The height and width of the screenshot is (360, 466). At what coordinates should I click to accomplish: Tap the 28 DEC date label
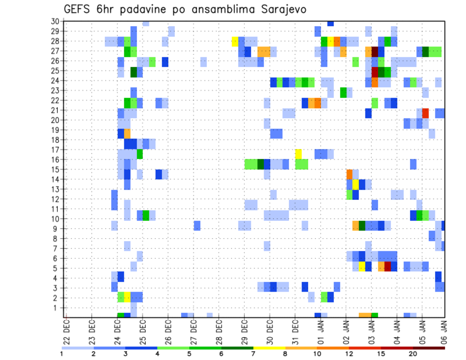pyautogui.click(x=219, y=332)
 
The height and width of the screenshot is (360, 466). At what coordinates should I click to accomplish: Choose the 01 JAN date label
pyautogui.click(x=320, y=332)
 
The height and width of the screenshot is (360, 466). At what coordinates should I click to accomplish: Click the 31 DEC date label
pyautogui.click(x=295, y=332)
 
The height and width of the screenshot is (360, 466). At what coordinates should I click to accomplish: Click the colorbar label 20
pyautogui.click(x=413, y=354)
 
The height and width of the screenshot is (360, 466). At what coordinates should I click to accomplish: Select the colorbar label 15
pyautogui.click(x=381, y=354)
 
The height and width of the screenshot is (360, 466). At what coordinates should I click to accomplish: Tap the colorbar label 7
pyautogui.click(x=253, y=354)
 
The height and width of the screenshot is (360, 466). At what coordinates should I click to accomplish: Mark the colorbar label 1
pyautogui.click(x=62, y=354)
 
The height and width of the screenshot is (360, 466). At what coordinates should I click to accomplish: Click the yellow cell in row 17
pyautogui.click(x=298, y=154)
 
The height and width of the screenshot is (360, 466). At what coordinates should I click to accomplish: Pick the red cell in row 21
pyautogui.click(x=425, y=113)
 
